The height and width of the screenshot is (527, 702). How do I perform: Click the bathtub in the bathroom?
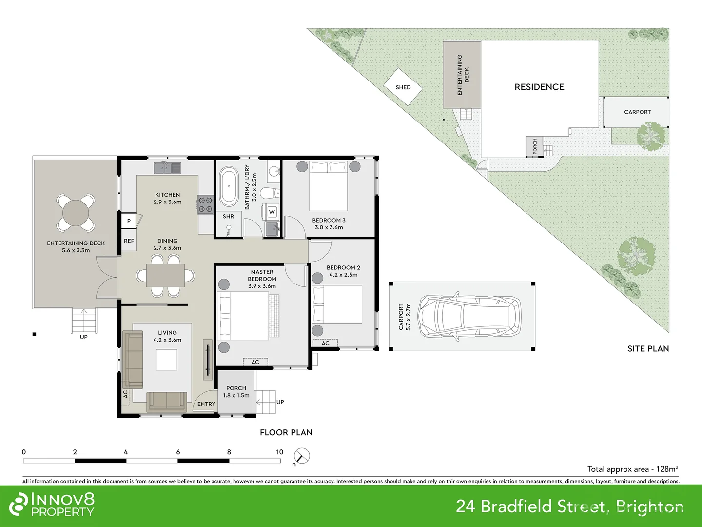(x=229, y=187)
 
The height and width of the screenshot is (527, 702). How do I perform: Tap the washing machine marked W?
(x=272, y=212)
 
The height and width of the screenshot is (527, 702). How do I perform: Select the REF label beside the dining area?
(x=129, y=241)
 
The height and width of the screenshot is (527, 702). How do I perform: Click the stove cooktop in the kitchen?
(x=205, y=204)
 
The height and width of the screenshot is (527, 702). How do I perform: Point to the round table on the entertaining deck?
(x=76, y=213)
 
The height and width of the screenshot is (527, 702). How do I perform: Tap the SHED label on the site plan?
(x=403, y=87)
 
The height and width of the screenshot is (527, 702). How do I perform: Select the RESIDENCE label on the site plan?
(x=539, y=87)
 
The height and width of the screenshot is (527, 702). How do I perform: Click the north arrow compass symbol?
(x=302, y=456)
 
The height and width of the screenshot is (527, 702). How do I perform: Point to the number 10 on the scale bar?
(x=279, y=452)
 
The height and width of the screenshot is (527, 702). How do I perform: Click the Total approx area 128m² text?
(x=632, y=469)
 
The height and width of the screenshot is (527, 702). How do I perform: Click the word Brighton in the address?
(x=649, y=507)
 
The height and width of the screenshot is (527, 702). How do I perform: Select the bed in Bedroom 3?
(x=329, y=186)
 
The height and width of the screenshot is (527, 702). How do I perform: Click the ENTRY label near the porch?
(x=206, y=404)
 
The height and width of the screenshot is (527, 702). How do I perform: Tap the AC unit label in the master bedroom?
(x=255, y=362)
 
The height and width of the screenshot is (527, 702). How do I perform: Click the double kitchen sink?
(x=167, y=168)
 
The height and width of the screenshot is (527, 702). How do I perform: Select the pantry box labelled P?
(x=129, y=221)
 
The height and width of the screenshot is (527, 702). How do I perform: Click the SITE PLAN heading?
(x=648, y=348)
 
